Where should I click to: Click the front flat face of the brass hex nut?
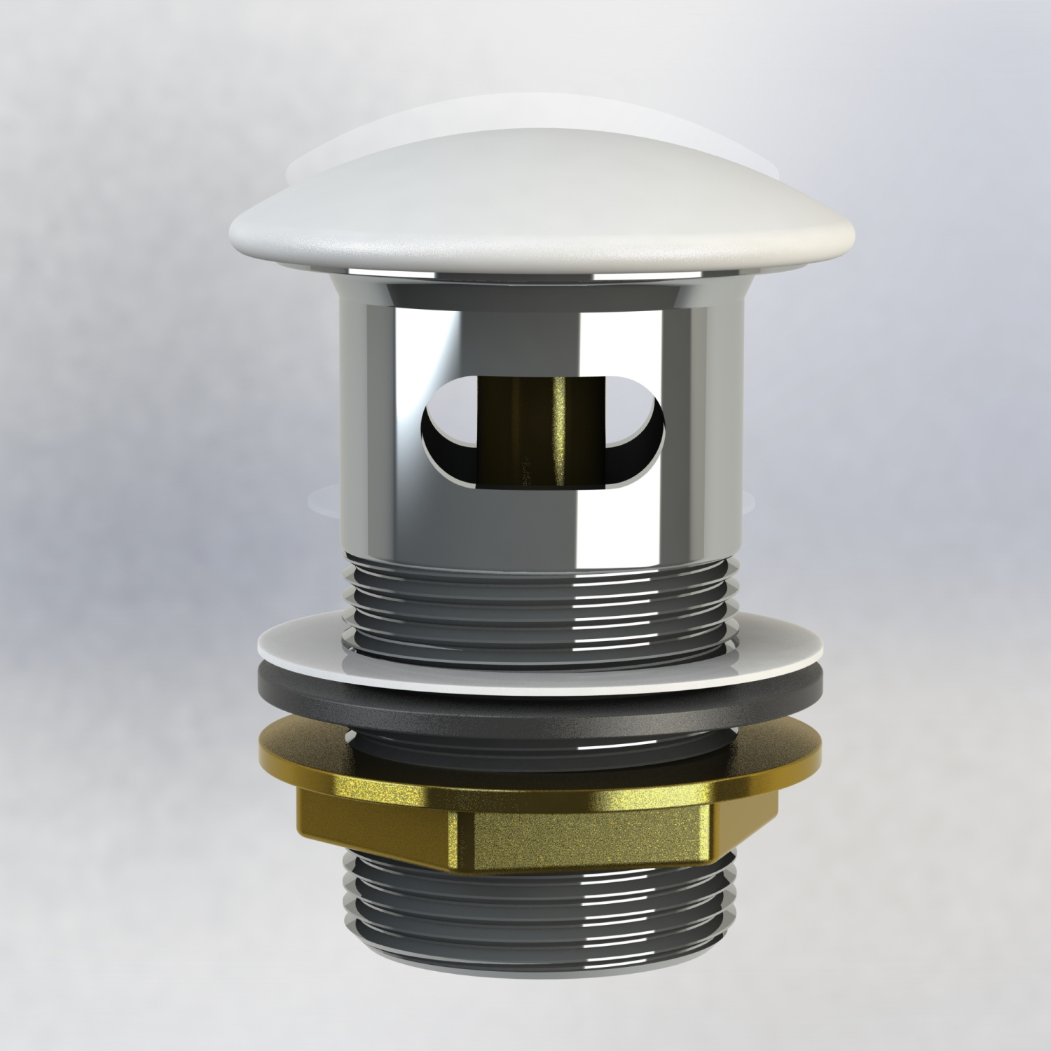pos(589,837)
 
